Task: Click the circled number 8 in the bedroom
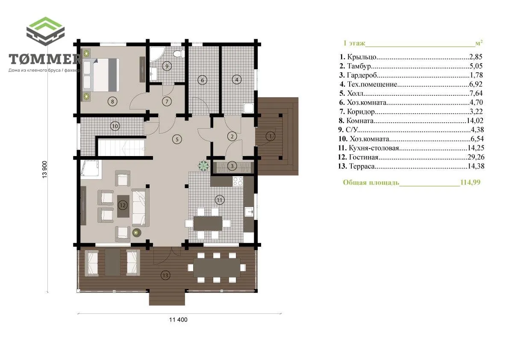click(112, 102)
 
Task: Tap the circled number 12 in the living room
click(122, 205)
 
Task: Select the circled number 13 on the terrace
click(165, 275)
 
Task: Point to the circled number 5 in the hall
click(177, 139)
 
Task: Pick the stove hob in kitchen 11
click(238, 181)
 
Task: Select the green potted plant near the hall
click(203, 165)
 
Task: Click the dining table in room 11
click(208, 223)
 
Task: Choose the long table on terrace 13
click(217, 268)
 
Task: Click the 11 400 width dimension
click(178, 320)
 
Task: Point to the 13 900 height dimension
click(45, 169)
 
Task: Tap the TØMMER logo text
click(45, 59)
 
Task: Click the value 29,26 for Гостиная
click(476, 157)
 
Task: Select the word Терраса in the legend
click(362, 166)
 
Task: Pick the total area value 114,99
click(470, 182)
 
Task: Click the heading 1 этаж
click(354, 43)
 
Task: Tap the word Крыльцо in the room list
click(362, 57)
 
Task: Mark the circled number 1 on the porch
click(271, 136)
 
